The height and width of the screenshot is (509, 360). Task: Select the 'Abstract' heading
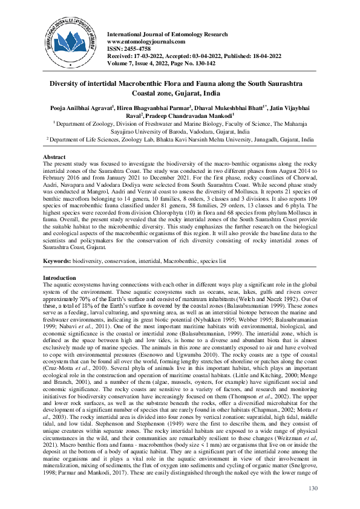coord(56,156)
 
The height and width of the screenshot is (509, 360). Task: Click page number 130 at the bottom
coord(312,488)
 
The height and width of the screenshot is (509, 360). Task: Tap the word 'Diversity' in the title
coord(85,82)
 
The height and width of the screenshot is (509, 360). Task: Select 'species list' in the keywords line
coord(211,261)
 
